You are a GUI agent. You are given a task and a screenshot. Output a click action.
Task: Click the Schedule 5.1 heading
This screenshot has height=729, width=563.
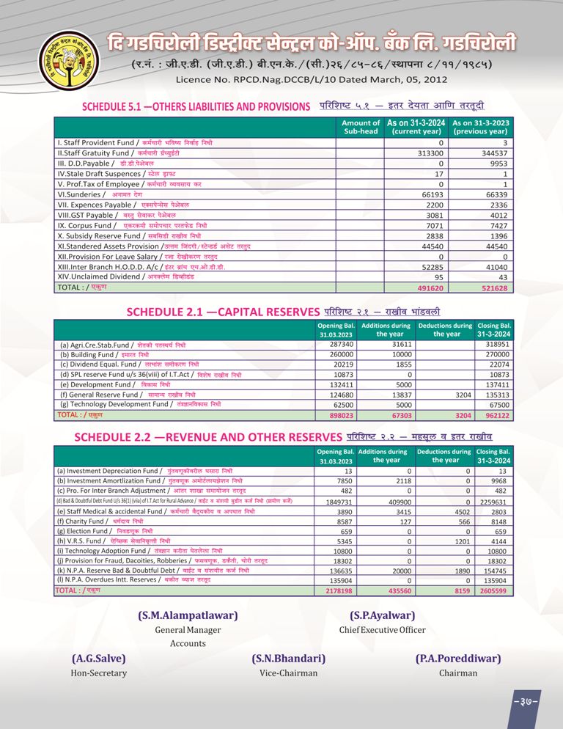point(196,106)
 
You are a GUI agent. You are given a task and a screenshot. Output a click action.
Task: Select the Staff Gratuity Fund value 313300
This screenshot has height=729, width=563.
point(430,153)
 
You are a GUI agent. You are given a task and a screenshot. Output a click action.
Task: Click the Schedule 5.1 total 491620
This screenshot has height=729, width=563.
point(430,288)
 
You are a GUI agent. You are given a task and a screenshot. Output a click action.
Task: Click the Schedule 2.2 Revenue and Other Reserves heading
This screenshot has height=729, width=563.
point(209,438)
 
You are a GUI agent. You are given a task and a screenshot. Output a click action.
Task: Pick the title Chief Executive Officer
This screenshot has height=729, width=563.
point(382,630)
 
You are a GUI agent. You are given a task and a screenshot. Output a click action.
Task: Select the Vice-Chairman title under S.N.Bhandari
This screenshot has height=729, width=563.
point(288,673)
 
